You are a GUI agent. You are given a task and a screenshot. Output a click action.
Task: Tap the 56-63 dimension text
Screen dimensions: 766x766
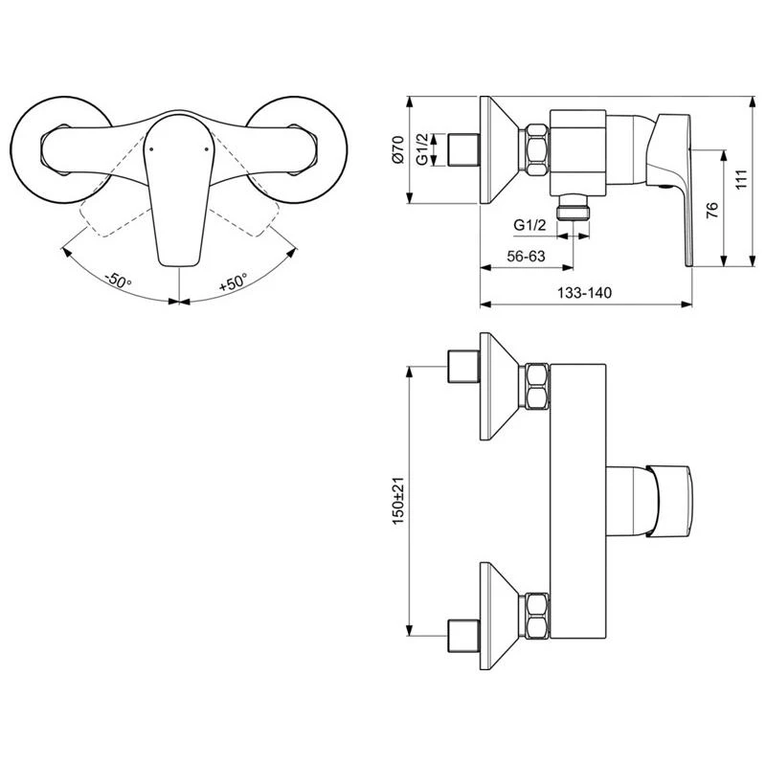click(526, 256)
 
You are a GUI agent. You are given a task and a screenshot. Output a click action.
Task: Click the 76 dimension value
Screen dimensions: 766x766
click(711, 211)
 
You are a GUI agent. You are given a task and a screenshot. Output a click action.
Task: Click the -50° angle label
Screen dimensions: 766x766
click(118, 282)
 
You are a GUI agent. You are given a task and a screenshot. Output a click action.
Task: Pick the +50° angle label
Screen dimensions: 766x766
click(233, 282)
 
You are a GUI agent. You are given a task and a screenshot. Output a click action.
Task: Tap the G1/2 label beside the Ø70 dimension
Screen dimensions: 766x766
click(422, 149)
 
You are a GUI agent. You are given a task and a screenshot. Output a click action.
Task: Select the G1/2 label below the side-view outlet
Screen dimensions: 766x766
click(529, 224)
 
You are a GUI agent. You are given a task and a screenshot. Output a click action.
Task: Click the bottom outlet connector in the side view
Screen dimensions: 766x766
click(574, 208)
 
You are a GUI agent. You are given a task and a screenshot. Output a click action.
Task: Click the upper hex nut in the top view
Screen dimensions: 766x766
click(534, 386)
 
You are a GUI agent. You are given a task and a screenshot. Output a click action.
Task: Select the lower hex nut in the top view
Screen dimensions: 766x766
click(534, 615)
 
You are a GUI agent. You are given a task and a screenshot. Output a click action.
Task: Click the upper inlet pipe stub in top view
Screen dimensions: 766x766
click(463, 368)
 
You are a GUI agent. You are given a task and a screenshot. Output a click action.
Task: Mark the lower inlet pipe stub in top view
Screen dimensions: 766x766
click(463, 633)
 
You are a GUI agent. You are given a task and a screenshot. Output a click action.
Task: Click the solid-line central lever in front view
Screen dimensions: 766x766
click(178, 191)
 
